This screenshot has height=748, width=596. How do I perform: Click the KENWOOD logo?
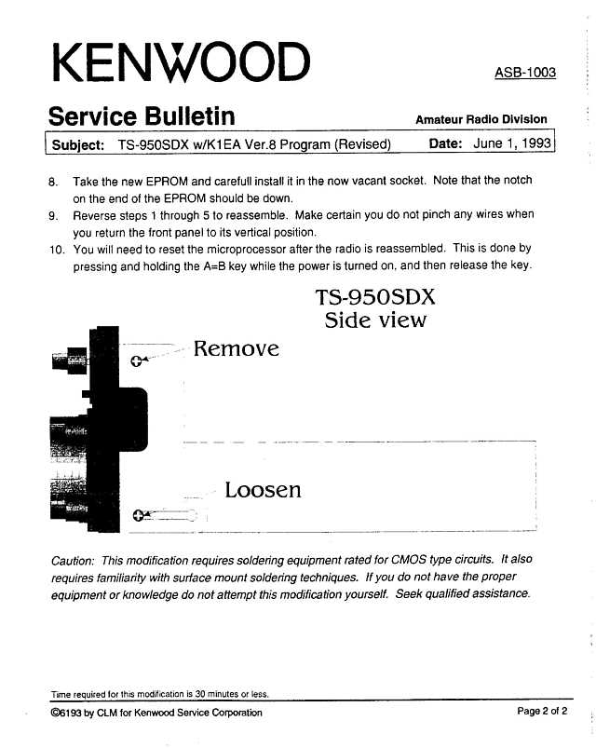tap(182, 62)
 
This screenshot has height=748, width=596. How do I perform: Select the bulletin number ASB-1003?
tap(525, 73)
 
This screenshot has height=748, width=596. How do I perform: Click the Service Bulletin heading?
tap(142, 116)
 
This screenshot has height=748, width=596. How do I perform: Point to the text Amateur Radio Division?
tap(481, 119)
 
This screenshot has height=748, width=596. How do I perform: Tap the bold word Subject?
tap(78, 144)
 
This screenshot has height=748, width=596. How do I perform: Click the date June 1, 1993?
tap(512, 143)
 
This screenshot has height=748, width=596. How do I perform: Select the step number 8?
tap(53, 183)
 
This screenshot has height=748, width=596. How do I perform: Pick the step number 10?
tap(57, 250)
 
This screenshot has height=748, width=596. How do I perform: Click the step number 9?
tap(53, 216)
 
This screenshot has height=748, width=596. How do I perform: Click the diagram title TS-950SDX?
tap(375, 297)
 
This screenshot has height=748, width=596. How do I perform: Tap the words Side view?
tap(375, 320)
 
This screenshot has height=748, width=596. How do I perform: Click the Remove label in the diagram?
tap(236, 348)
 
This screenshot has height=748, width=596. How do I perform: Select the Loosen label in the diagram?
tap(263, 490)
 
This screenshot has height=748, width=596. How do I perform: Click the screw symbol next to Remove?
tap(136, 361)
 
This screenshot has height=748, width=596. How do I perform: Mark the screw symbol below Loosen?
tap(138, 515)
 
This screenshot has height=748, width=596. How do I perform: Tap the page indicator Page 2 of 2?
tap(542, 712)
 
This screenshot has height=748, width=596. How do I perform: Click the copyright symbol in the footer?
tap(55, 714)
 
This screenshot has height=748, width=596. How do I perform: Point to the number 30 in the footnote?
tap(200, 694)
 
